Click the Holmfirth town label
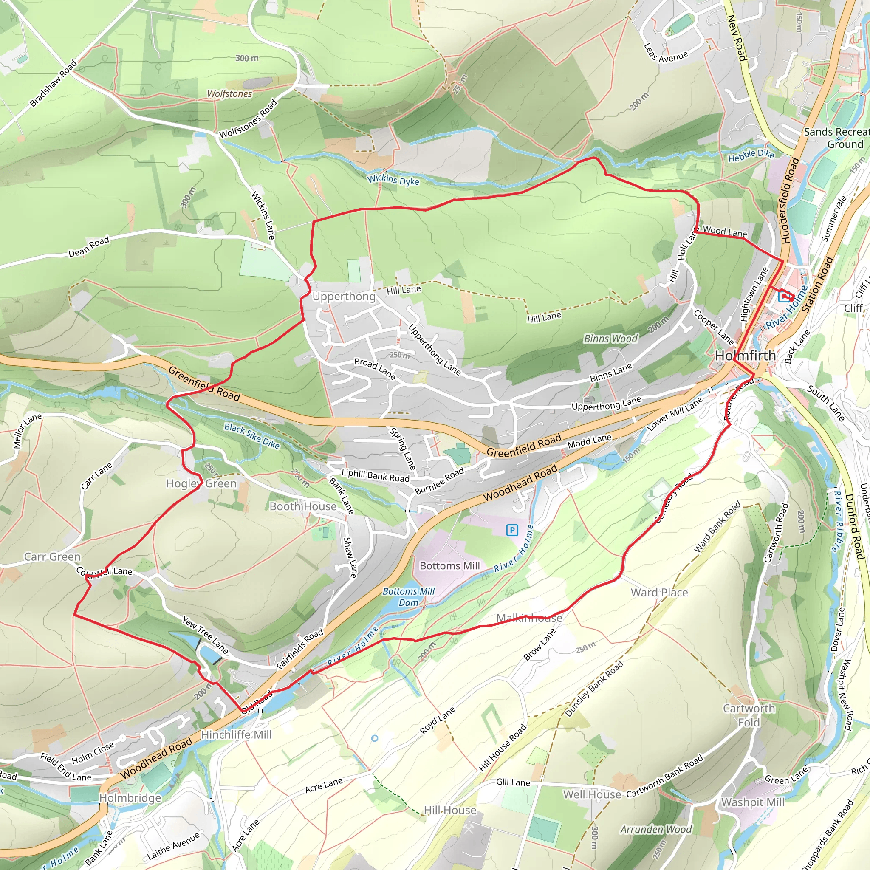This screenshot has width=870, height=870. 745,356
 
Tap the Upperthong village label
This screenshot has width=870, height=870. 344,297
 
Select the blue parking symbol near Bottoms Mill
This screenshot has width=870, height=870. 512,530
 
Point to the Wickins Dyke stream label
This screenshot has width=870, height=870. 393,180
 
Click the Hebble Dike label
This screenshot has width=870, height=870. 751,155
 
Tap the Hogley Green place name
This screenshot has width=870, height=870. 201,483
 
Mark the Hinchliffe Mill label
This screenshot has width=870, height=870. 237,734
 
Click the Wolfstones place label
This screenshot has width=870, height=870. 229,93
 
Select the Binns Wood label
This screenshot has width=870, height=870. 610,338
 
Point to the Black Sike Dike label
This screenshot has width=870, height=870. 252,436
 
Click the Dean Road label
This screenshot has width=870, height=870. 89,247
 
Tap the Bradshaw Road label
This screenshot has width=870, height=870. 53,84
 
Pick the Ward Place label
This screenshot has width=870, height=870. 659,592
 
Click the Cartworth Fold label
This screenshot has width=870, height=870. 749,715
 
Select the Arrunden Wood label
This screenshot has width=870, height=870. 655,829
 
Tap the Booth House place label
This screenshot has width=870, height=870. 303,507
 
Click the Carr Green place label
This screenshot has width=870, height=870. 52,556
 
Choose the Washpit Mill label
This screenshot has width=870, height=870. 753,802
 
